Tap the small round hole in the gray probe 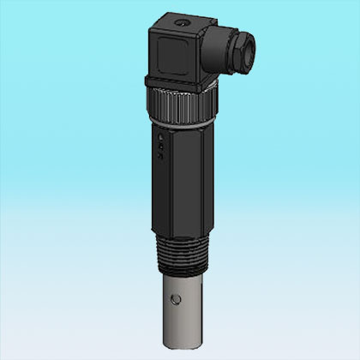coord(177,299)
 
